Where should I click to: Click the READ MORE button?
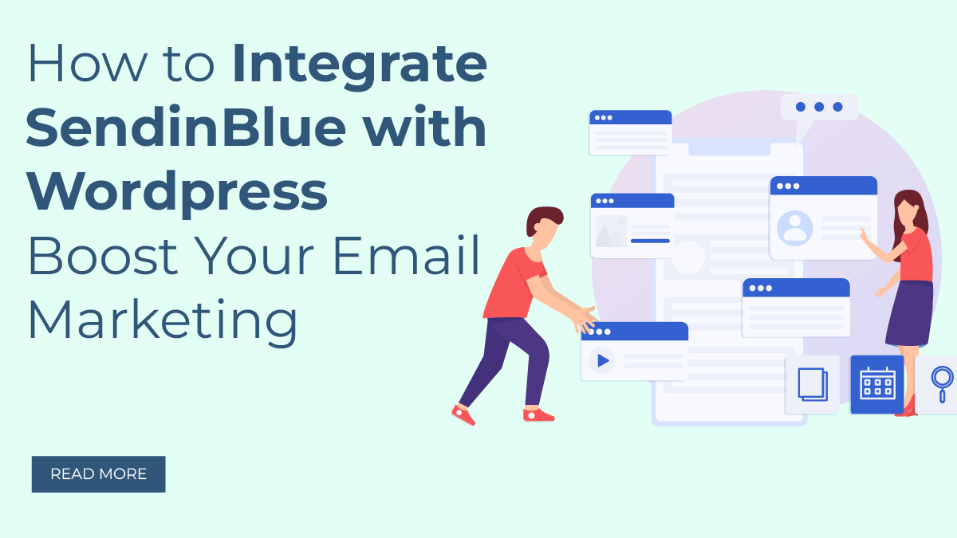[x=98, y=474]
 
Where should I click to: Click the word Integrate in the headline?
[x=359, y=65]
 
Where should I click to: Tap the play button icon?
[x=602, y=361]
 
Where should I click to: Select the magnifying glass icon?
[x=942, y=383]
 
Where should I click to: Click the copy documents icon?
[x=813, y=385]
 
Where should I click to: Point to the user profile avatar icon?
[x=795, y=227]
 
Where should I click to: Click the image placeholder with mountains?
[x=611, y=232]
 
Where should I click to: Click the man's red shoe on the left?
[x=463, y=414]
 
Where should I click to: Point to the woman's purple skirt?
[x=909, y=315]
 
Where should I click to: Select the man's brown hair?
[x=543, y=217]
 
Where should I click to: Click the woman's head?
[x=908, y=209]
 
